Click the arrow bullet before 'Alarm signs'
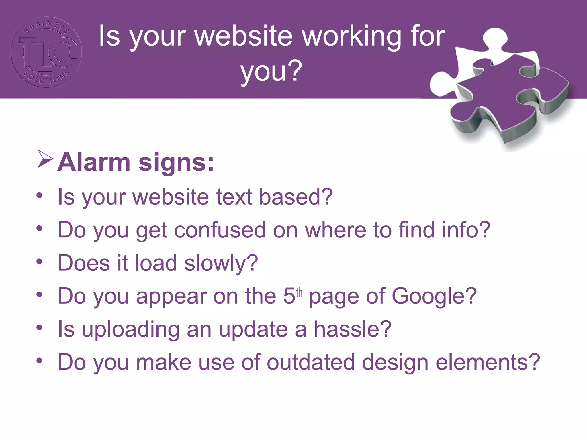tap(45, 159)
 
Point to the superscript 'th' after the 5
tap(299, 293)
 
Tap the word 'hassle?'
tap(353, 329)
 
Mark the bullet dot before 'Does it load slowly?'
tap(40, 261)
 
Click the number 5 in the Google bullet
tap(289, 296)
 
